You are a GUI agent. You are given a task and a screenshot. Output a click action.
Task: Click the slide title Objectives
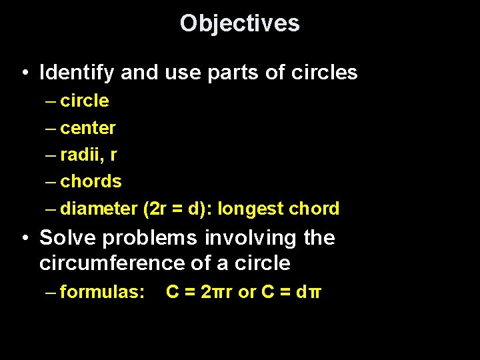point(240,23)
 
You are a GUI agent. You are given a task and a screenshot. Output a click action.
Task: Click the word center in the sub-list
point(88,128)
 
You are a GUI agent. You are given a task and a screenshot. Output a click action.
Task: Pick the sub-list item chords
point(91,181)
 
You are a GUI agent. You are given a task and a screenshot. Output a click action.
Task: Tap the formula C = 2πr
point(199,291)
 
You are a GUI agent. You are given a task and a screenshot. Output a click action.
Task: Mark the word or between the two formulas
point(247,292)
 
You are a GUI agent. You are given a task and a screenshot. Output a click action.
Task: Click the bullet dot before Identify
point(24,73)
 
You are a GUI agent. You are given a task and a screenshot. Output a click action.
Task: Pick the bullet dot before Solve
point(24,238)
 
